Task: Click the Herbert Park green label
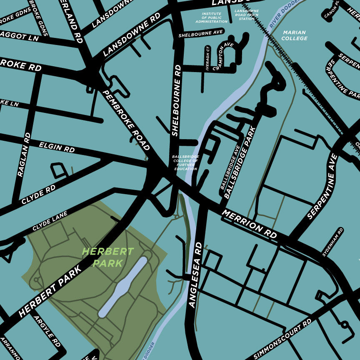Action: pyautogui.click(x=107, y=257)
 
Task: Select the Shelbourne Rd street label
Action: pyautogui.click(x=176, y=100)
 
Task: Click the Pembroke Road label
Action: pyautogui.click(x=126, y=120)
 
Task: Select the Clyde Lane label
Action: pyautogui.click(x=50, y=223)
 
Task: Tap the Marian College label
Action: pyautogui.click(x=294, y=35)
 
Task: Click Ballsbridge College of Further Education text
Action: pyautogui.click(x=185, y=163)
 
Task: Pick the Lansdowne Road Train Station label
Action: pyautogui.click(x=246, y=15)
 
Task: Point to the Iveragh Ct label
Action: pyautogui.click(x=207, y=58)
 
